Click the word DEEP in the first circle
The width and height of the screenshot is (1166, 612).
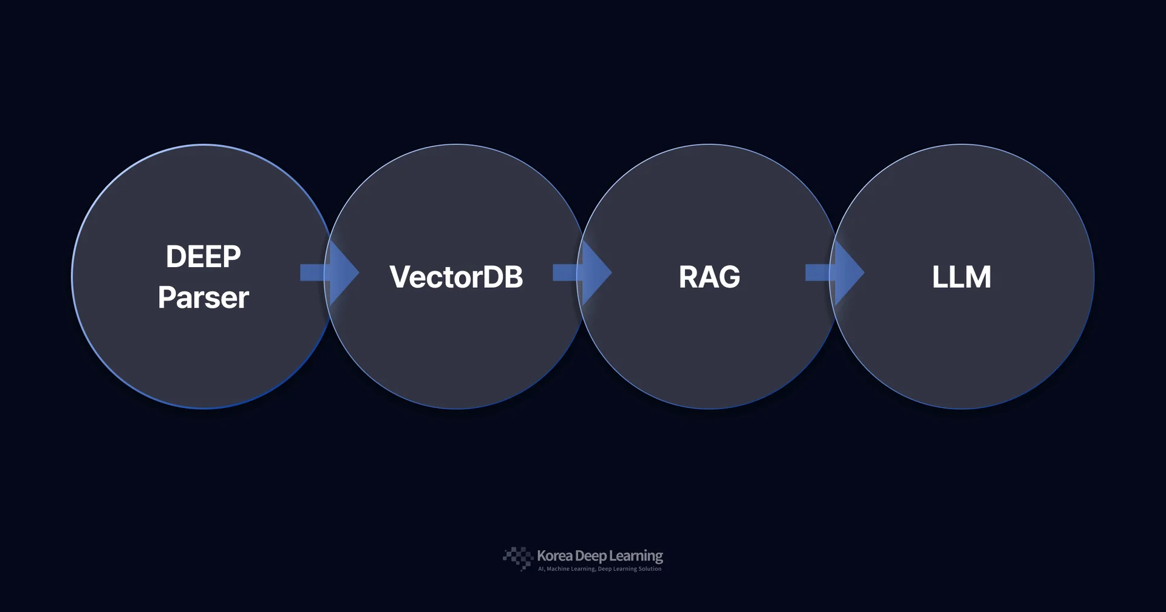[203, 257]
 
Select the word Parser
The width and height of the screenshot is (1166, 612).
[203, 297]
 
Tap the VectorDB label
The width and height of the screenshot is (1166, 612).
[456, 277]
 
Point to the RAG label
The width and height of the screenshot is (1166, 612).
[709, 277]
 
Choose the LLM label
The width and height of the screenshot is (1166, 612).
[961, 277]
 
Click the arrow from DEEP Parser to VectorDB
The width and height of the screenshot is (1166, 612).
[331, 273]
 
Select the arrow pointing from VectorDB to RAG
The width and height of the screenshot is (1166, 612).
[584, 273]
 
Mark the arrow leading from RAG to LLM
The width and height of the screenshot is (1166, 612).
[836, 273]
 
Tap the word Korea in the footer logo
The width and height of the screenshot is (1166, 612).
[554, 556]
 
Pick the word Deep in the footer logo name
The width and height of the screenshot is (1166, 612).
[590, 556]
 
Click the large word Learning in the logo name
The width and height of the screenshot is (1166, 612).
[636, 556]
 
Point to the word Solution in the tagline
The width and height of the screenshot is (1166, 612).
[650, 569]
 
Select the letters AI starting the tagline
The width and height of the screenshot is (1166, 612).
[540, 569]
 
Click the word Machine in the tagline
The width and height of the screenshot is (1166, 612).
[557, 569]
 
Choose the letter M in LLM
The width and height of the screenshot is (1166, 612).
[978, 277]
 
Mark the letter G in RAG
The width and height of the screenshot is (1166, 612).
[728, 277]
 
